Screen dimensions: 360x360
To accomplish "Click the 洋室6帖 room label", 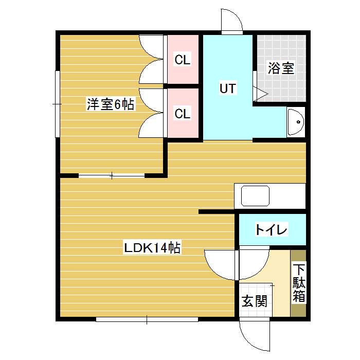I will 110,105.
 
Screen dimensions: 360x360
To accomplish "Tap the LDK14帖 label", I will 152,248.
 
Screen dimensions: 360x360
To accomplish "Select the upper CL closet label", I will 183,60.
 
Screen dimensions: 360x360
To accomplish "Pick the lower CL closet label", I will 183,114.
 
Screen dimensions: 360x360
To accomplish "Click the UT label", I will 227,88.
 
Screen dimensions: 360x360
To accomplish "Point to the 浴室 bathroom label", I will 281,69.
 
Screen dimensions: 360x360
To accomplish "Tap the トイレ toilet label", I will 272,229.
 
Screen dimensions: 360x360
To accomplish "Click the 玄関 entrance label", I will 255,301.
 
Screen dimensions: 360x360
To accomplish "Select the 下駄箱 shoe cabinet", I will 299,283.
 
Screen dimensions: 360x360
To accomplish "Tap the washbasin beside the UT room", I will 296,122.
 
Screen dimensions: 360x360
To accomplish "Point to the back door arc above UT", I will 231,22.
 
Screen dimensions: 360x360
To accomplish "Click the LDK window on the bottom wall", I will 147,319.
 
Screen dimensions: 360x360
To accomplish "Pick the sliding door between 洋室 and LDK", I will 112,176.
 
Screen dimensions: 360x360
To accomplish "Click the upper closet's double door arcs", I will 152,59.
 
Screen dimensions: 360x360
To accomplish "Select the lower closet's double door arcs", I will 152,113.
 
